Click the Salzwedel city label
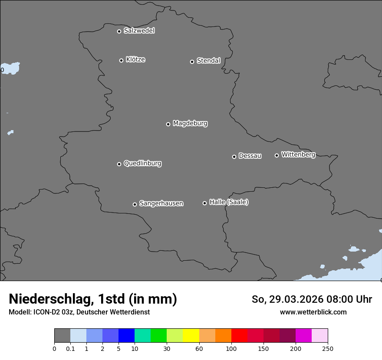tap(139, 31)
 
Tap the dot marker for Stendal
tap(192, 62)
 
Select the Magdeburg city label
tap(190, 124)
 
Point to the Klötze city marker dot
tap(121, 60)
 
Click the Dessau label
tap(250, 156)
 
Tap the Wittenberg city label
tap(298, 155)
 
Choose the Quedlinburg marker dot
tap(119, 164)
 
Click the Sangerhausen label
tap(161, 203)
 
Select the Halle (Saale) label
tap(229, 202)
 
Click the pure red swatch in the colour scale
tap(239, 336)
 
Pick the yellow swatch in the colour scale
tap(191, 336)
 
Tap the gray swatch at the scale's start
tap(62, 336)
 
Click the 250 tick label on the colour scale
tap(328, 348)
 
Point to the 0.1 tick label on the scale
tap(70, 348)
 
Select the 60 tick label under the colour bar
tap(199, 348)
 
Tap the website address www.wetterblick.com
tap(313, 312)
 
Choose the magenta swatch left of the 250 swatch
tap(303, 336)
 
